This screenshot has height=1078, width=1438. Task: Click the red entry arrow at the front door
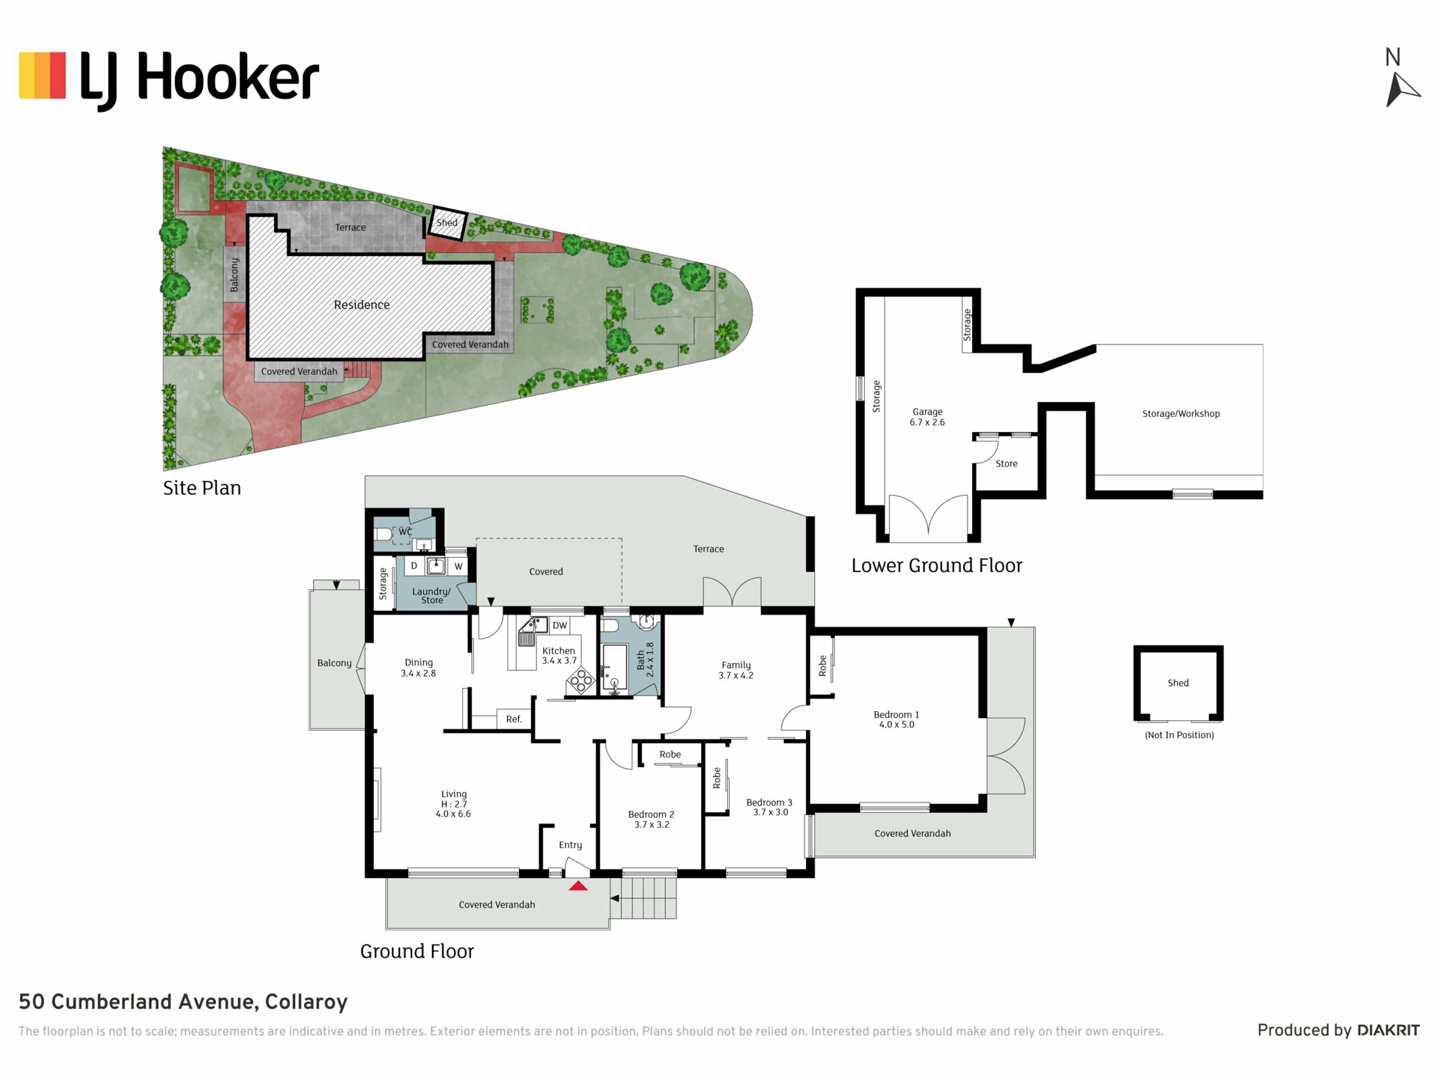tap(578, 886)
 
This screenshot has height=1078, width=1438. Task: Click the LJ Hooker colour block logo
tap(43, 75)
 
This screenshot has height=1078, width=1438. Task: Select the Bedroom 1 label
tap(897, 719)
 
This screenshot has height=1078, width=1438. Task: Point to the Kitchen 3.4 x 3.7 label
tap(559, 656)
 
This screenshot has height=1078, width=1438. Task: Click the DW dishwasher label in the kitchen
tap(560, 625)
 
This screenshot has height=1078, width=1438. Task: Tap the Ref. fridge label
tap(514, 719)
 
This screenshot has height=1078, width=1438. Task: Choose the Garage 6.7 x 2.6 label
tap(927, 417)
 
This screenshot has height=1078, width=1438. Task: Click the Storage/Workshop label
tap(1181, 413)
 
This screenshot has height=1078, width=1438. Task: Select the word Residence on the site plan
tap(362, 305)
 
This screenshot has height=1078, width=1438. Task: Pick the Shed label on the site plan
tap(447, 222)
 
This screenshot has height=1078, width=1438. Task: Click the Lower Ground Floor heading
tap(937, 565)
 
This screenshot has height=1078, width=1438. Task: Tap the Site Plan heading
tap(202, 488)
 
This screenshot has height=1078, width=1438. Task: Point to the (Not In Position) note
tap(1179, 735)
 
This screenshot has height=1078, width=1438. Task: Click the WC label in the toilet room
tap(405, 532)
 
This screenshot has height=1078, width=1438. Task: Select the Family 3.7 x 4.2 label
tap(736, 670)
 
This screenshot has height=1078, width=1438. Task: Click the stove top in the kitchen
tap(580, 680)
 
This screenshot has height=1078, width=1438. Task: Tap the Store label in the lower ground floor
tap(1007, 463)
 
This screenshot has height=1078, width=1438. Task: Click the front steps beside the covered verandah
tap(644, 898)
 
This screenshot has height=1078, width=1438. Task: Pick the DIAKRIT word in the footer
tap(1389, 1030)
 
